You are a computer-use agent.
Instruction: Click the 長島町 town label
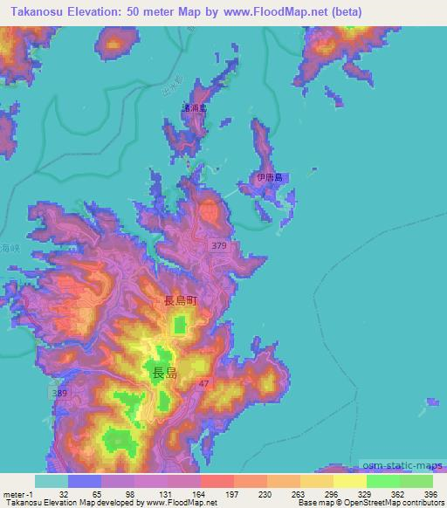click(x=181, y=300)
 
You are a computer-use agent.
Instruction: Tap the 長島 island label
click(x=165, y=373)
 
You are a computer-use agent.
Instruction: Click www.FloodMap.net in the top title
click(x=279, y=11)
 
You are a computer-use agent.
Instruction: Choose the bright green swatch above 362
click(x=382, y=480)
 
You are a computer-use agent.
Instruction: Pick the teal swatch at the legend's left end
click(x=52, y=480)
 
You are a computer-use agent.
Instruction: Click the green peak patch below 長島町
click(x=180, y=326)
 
